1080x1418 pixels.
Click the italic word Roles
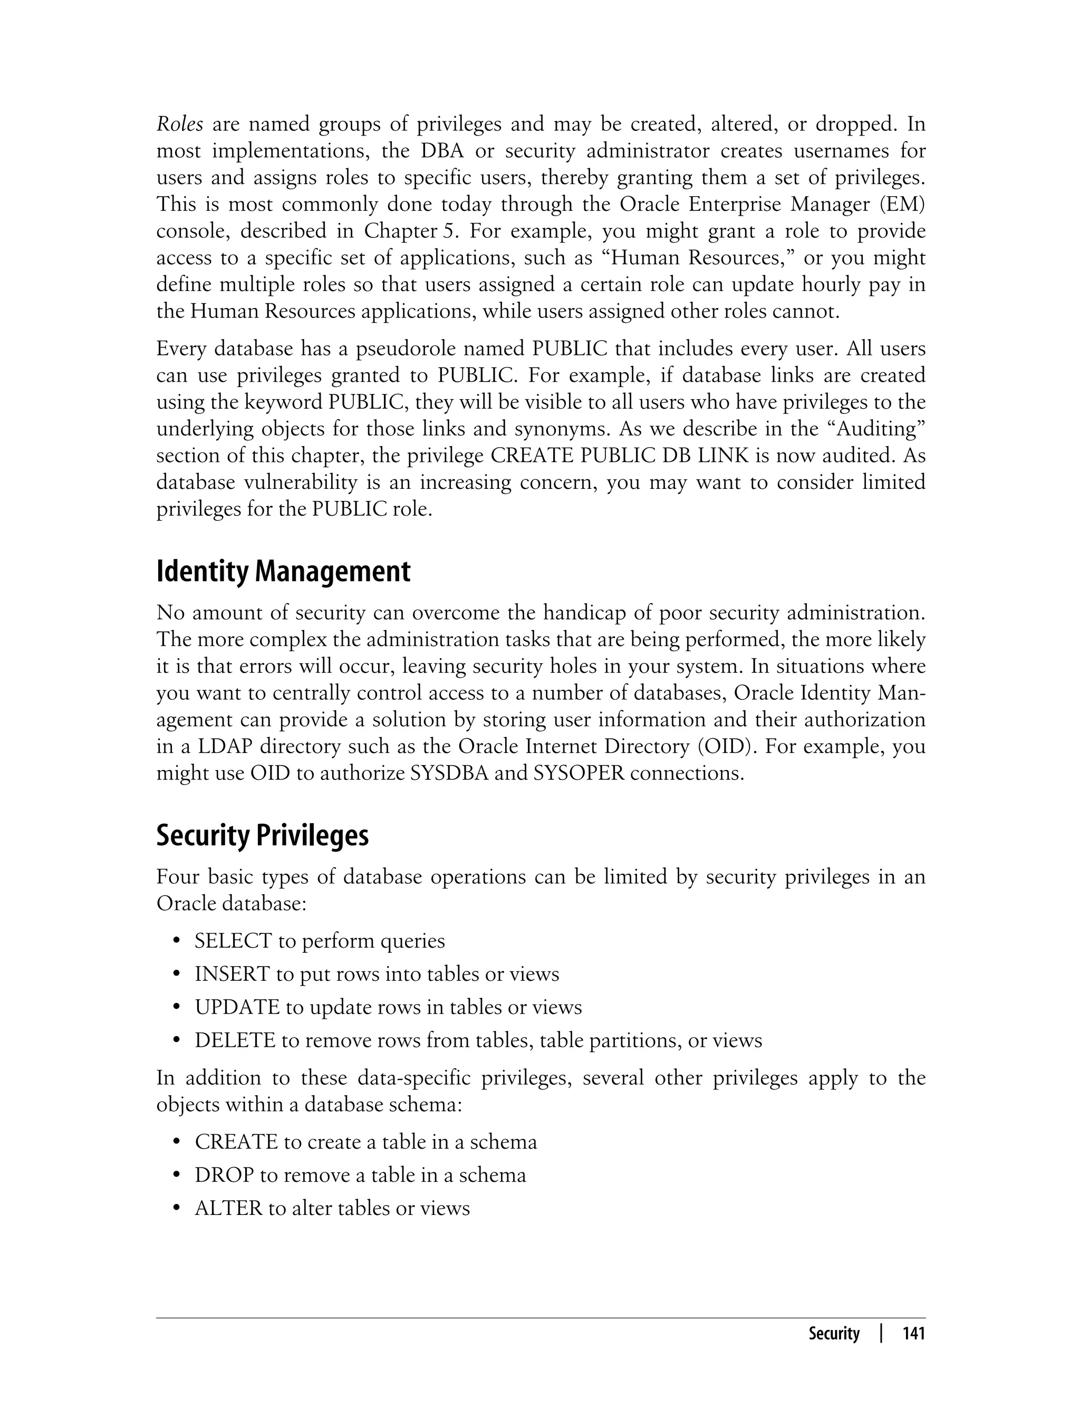[x=179, y=123]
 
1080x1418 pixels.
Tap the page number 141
[x=913, y=1333]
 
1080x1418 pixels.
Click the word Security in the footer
[x=833, y=1333]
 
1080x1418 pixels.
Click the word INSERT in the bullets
[x=232, y=974]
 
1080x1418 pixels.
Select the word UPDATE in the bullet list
[x=237, y=1007]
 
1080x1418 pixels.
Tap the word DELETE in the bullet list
[x=235, y=1040]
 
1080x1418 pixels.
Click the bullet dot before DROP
[x=176, y=1175]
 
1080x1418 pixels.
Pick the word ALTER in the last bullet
[x=229, y=1209]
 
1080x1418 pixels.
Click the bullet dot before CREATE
[x=176, y=1142]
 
